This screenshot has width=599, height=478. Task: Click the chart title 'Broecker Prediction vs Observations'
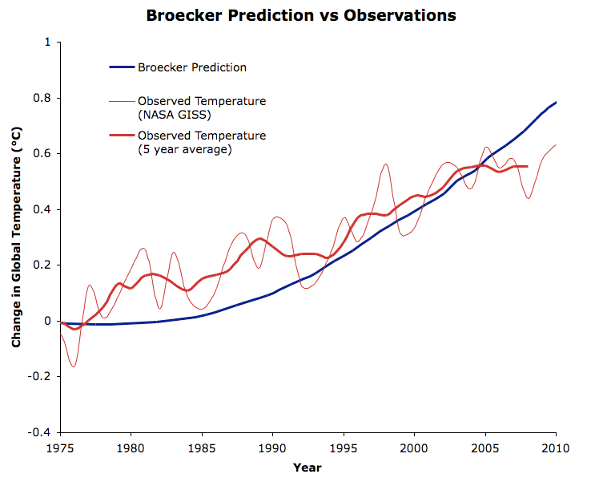300,15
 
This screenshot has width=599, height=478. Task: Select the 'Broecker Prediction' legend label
191,67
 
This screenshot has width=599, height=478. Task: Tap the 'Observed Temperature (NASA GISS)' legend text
201,107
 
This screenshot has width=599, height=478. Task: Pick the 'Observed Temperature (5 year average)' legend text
201,142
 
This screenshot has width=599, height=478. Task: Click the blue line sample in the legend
122,67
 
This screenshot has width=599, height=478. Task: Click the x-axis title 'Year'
308,467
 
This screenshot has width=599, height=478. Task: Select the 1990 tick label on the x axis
272,447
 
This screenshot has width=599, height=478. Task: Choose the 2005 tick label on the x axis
484,447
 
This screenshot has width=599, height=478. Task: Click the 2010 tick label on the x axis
555,447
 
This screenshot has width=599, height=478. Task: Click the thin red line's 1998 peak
386,164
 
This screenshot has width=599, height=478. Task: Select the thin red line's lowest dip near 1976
74,367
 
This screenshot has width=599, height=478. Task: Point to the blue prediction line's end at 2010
556,102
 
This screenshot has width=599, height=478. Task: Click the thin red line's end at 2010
556,145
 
